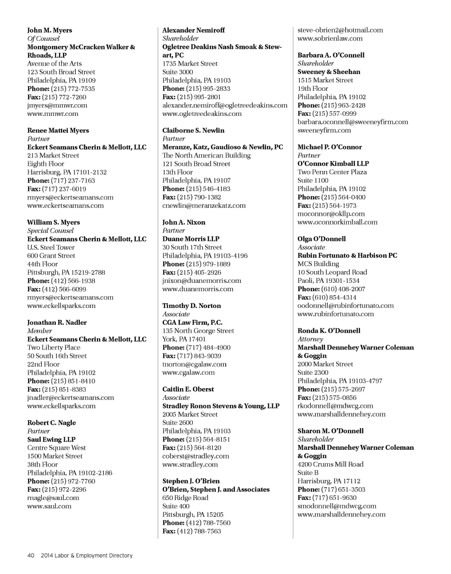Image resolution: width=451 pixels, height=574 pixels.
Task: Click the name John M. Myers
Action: pyautogui.click(x=49, y=30)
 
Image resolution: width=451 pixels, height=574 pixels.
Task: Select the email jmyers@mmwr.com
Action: pyautogui.click(x=57, y=105)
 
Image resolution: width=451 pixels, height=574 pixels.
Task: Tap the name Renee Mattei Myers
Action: pyautogui.click(x=58, y=130)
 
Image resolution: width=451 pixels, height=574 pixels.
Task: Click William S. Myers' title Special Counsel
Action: pyautogui.click(x=50, y=230)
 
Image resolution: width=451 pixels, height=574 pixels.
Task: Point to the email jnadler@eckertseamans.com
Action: pyautogui.click(x=70, y=397)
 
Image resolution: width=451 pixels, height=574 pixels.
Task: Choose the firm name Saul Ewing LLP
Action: pyautogui.click(x=51, y=439)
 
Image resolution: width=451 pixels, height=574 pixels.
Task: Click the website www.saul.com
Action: pyautogui.click(x=49, y=506)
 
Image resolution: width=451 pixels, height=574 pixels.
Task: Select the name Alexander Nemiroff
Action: pyautogui.click(x=193, y=30)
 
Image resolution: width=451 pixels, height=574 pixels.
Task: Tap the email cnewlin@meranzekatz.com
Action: pyautogui.click(x=204, y=205)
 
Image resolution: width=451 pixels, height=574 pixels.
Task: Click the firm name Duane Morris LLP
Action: pyautogui.click(x=191, y=239)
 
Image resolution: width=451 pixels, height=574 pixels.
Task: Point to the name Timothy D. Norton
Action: pyautogui.click(x=192, y=306)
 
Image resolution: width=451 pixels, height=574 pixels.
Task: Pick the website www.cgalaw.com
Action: pyautogui.click(x=189, y=372)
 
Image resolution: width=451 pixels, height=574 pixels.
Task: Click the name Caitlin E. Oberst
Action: pyautogui.click(x=188, y=389)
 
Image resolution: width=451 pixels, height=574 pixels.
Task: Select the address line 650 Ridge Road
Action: pyautogui.click(x=185, y=498)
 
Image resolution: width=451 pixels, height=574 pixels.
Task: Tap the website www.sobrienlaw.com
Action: pyautogui.click(x=330, y=38)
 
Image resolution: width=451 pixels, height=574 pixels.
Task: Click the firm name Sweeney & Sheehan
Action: pyautogui.click(x=329, y=72)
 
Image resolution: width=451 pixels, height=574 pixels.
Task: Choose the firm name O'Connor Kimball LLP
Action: pyautogui.click(x=333, y=163)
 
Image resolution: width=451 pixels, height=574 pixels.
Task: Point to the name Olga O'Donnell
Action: pyautogui.click(x=322, y=239)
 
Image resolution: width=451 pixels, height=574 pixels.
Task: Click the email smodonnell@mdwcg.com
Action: pyautogui.click(x=337, y=506)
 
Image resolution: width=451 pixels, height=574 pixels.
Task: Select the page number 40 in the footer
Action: pyautogui.click(x=31, y=555)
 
